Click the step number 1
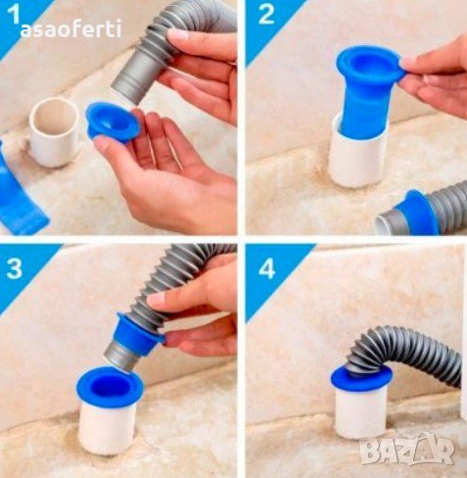13,15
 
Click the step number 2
266,15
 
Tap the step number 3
14,268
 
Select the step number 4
267,269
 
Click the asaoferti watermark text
70,29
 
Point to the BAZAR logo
407,450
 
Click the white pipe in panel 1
54,132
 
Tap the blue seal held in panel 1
113,121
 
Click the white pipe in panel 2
357,156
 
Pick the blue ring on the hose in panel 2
415,213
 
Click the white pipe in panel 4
360,413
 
